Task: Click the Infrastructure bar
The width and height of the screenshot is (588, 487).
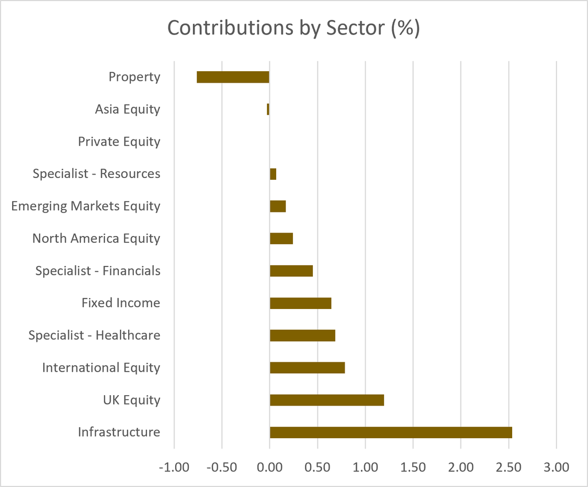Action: (390, 432)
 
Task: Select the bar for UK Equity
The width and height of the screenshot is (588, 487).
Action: (327, 400)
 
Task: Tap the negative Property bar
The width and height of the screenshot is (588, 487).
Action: (233, 77)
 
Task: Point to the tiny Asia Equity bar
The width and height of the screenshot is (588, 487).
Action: (268, 109)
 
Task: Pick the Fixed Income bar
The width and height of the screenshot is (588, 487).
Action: (301, 303)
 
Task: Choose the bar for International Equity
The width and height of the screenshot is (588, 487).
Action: (308, 368)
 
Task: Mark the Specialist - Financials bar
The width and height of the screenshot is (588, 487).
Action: (291, 271)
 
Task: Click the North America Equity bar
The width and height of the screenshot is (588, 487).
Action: (281, 239)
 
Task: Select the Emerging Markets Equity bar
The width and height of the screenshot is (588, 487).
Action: (278, 206)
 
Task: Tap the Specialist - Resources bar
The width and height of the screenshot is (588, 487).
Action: (273, 174)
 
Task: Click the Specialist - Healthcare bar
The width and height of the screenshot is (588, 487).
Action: (303, 335)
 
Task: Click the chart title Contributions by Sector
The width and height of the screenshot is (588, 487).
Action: (293, 28)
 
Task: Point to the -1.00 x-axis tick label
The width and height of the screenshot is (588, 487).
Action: (174, 467)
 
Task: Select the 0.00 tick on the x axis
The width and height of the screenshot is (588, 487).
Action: (270, 467)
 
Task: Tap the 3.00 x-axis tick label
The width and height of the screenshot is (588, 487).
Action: (556, 467)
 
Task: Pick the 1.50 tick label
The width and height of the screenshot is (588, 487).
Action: (413, 467)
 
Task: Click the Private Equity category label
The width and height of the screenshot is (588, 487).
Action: (119, 142)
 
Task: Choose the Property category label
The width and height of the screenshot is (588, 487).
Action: (134, 78)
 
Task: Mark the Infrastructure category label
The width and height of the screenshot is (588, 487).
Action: (119, 432)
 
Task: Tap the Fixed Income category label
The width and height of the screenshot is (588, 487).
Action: (121, 303)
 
